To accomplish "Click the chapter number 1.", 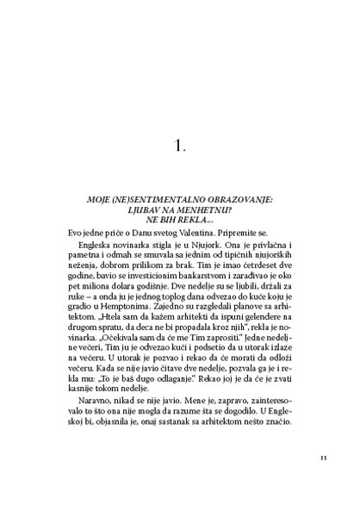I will [x=180, y=146].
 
